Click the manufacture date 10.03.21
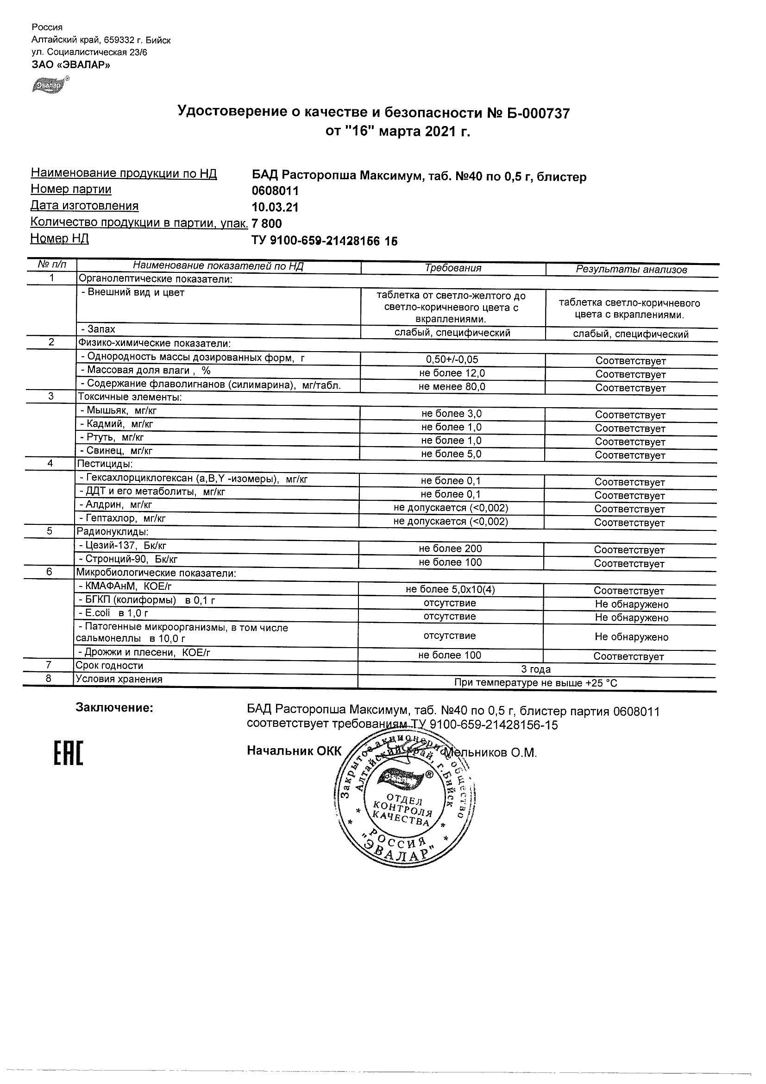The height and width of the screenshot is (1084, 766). pyautogui.click(x=275, y=207)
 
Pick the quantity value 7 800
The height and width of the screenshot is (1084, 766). pyautogui.click(x=267, y=223)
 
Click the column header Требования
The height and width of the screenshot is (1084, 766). pyautogui.click(x=452, y=268)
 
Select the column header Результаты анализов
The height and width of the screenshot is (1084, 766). pyautogui.click(x=631, y=270)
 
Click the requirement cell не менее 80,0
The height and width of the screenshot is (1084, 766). pyautogui.click(x=452, y=387)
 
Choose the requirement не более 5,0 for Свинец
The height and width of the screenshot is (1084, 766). pyautogui.click(x=451, y=454)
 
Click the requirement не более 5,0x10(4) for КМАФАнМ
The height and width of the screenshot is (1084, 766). pyautogui.click(x=450, y=589)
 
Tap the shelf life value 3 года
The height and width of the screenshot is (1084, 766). pyautogui.click(x=536, y=669)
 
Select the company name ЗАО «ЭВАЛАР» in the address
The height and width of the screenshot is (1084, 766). pyautogui.click(x=71, y=65)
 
